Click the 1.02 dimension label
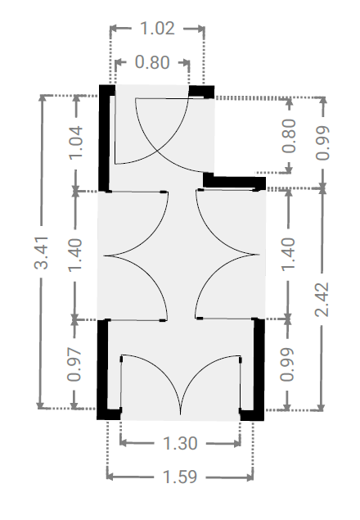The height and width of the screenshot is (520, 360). [x=157, y=28]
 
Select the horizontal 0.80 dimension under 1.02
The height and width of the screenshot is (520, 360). [x=152, y=62]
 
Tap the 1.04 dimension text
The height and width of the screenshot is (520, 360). [x=75, y=142]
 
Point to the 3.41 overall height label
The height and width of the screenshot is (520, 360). [x=42, y=252]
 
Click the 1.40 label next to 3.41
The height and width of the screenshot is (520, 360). [x=75, y=255]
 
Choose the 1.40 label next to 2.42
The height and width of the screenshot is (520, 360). [x=288, y=254]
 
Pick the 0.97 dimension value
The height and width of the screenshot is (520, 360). [x=74, y=364]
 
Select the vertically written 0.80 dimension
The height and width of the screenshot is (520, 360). [x=289, y=136]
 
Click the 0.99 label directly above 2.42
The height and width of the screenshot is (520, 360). [x=322, y=143]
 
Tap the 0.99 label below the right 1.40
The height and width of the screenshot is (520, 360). [x=287, y=364]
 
